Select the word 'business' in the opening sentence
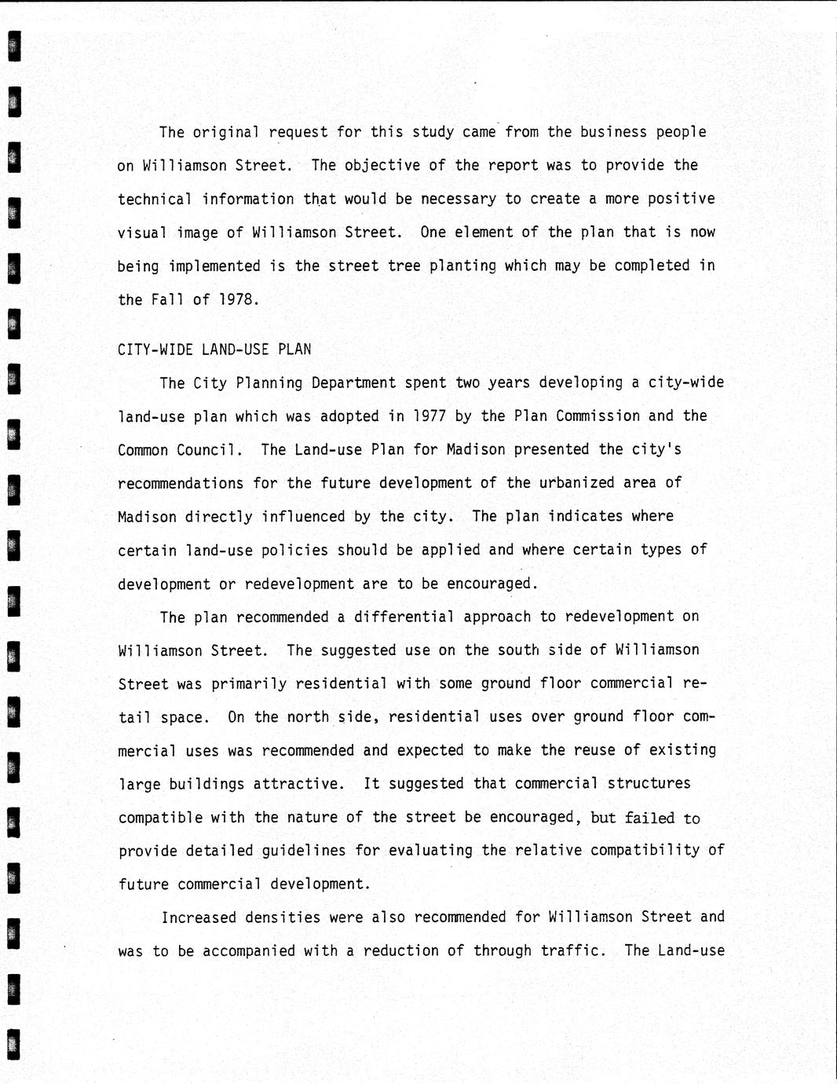click(x=614, y=132)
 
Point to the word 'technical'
click(x=155, y=200)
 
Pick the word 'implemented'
click(x=214, y=266)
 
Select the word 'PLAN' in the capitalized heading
click(x=294, y=350)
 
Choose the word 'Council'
click(x=210, y=450)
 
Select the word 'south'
click(x=517, y=650)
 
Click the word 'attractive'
click(x=302, y=784)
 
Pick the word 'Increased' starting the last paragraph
click(x=199, y=917)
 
